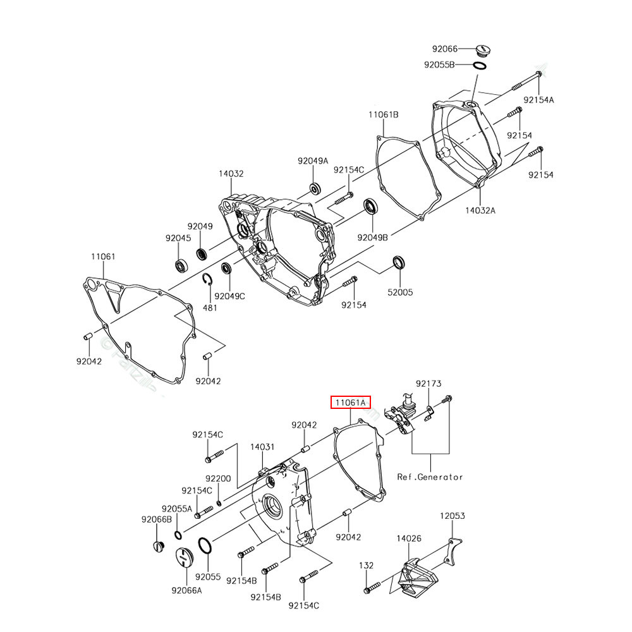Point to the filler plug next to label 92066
point(485,49)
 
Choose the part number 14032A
point(481,210)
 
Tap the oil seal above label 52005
point(399,262)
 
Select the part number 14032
point(231,173)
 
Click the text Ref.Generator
point(430,477)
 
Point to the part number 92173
point(428,384)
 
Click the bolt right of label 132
point(370,589)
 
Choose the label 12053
point(453,516)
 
